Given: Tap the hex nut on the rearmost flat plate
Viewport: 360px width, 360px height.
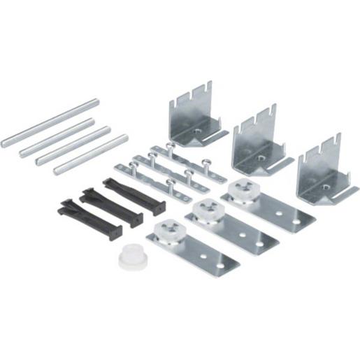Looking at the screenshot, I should [x=241, y=188].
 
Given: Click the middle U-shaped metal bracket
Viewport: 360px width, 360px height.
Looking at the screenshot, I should [x=257, y=142].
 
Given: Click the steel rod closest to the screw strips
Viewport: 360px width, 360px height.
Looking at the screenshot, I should [x=91, y=154].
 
